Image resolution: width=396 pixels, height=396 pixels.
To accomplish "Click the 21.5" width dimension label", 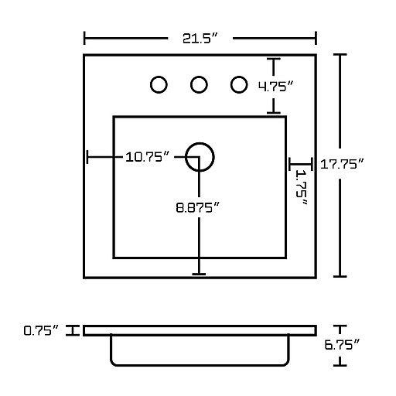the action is tap(200, 39).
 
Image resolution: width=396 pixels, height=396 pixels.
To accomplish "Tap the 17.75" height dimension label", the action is tap(342, 164).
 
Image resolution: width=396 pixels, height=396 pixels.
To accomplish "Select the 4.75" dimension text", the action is tap(276, 86).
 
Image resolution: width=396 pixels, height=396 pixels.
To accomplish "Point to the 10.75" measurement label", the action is tap(147, 157).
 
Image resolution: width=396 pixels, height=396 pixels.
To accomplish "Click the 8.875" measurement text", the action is tap(197, 207).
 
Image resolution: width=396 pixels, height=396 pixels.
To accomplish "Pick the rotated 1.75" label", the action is tap(301, 187).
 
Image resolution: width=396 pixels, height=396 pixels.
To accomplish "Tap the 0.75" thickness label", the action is tap(41, 330).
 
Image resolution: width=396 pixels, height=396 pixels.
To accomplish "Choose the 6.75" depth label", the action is tap(342, 344).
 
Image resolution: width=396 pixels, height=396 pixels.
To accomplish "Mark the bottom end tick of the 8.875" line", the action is tap(199, 274).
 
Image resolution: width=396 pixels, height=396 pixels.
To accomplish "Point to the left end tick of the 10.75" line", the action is tap(87, 157).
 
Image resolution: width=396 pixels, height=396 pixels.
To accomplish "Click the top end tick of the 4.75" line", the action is tap(274, 59).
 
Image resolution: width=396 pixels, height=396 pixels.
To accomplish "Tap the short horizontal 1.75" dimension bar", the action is tap(301, 164).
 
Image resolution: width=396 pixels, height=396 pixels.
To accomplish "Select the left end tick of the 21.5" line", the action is tap(84, 38).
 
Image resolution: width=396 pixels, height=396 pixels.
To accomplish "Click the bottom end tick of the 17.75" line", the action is tap(340, 276).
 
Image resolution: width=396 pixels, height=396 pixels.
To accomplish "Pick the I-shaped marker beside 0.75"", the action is tap(73, 330).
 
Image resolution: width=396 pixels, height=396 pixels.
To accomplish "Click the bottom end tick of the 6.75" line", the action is tap(340, 365).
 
